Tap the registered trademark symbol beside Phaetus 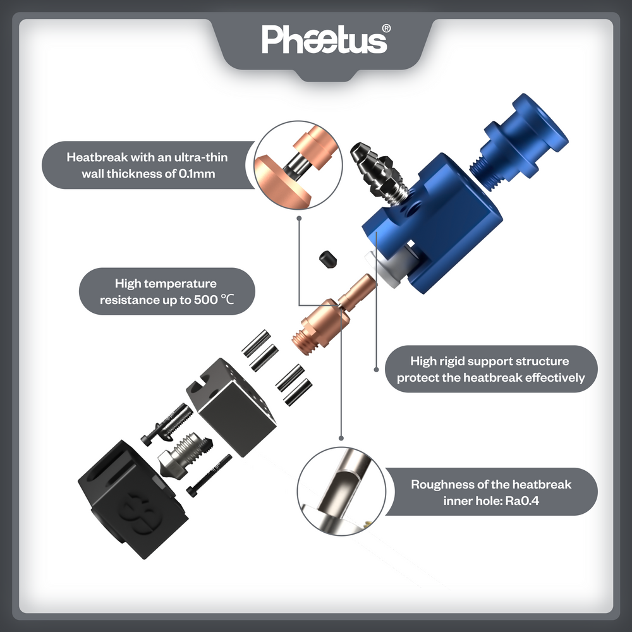pos(386,28)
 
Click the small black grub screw pos(328,258)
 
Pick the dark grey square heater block pos(231,407)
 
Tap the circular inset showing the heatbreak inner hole pos(341,491)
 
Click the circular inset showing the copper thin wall pos(298,165)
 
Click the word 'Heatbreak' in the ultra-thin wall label pos(97,157)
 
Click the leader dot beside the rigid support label pos(376,370)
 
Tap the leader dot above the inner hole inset pos(341,438)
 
